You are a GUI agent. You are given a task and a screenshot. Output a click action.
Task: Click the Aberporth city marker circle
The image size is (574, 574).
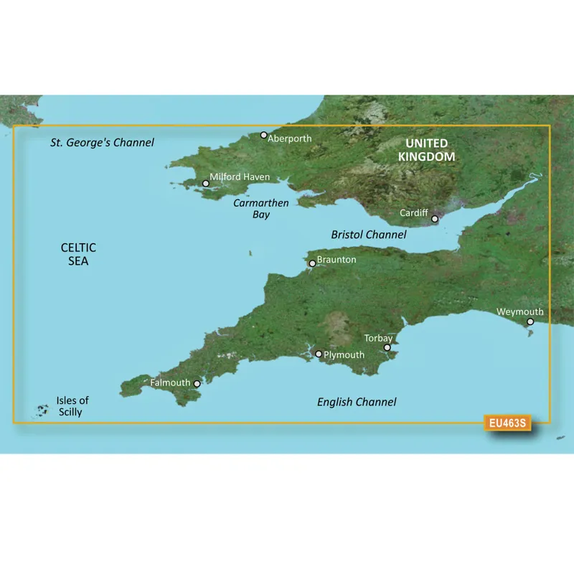[264, 135]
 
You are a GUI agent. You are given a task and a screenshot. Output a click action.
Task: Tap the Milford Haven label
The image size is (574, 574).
[240, 177]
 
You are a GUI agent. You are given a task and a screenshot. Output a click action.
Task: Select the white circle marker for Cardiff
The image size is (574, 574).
[435, 219]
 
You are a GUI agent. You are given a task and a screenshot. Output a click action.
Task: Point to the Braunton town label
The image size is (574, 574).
[336, 260]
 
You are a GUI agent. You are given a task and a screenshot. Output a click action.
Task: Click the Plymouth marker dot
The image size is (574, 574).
[319, 354]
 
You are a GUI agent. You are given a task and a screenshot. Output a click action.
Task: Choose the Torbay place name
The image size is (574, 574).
[378, 338]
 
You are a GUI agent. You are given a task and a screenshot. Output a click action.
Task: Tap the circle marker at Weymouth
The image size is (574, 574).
[530, 322]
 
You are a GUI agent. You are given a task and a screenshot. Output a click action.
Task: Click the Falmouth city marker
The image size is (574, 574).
[197, 383]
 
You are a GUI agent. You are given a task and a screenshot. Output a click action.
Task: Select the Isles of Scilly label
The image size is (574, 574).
[72, 406]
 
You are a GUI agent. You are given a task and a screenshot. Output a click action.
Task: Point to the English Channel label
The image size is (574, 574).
[357, 403]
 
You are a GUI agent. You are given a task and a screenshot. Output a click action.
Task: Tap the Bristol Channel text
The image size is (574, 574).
[369, 235]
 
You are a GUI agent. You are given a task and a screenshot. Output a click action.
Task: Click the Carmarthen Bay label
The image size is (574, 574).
[261, 209]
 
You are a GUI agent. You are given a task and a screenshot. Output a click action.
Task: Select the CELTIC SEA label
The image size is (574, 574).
[78, 255]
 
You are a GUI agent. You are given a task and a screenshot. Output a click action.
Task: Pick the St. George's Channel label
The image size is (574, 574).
[102, 143]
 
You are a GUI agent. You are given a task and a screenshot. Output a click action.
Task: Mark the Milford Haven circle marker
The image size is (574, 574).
[206, 184]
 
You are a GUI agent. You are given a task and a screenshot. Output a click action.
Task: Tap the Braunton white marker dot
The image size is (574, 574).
[312, 264]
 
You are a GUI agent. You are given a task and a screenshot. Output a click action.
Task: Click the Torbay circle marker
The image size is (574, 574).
[387, 348]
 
